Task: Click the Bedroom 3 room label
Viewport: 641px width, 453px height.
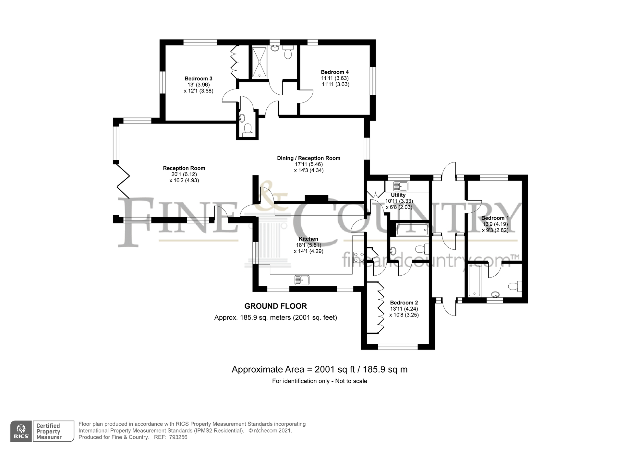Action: (x=198, y=78)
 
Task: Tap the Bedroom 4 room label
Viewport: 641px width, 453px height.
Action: (x=335, y=72)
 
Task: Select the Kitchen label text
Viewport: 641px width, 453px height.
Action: (x=308, y=239)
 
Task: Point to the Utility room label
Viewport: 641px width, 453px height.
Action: (x=398, y=195)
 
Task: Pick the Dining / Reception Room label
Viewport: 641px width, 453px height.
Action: (x=308, y=158)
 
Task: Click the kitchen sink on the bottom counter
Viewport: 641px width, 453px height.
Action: (x=302, y=280)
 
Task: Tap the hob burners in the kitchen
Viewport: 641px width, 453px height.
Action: (x=359, y=257)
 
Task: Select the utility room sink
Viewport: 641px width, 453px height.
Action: (x=401, y=186)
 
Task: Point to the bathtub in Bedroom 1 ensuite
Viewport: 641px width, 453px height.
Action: (x=474, y=281)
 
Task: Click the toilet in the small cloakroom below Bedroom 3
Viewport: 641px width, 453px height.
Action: (x=248, y=129)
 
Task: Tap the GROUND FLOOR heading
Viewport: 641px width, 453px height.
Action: (x=275, y=306)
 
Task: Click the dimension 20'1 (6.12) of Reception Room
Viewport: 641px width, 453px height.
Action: (x=184, y=174)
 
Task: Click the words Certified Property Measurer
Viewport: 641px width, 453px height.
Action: (x=49, y=431)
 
